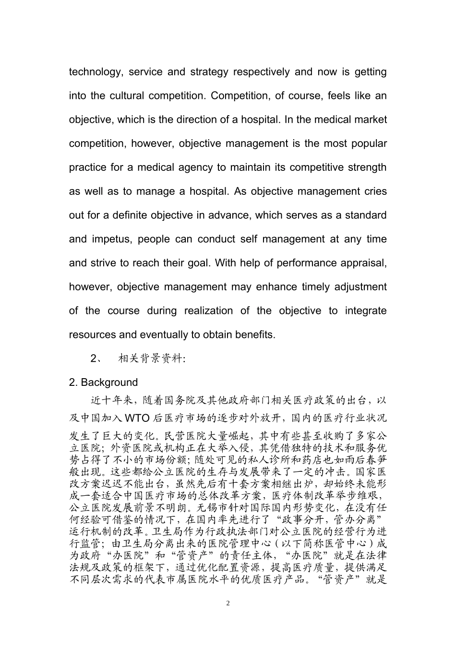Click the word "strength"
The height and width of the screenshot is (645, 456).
tap(367, 167)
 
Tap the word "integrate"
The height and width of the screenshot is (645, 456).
tap(365, 311)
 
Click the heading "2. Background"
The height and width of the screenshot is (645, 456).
tap(103, 382)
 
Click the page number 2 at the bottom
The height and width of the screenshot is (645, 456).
tap(228, 603)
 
